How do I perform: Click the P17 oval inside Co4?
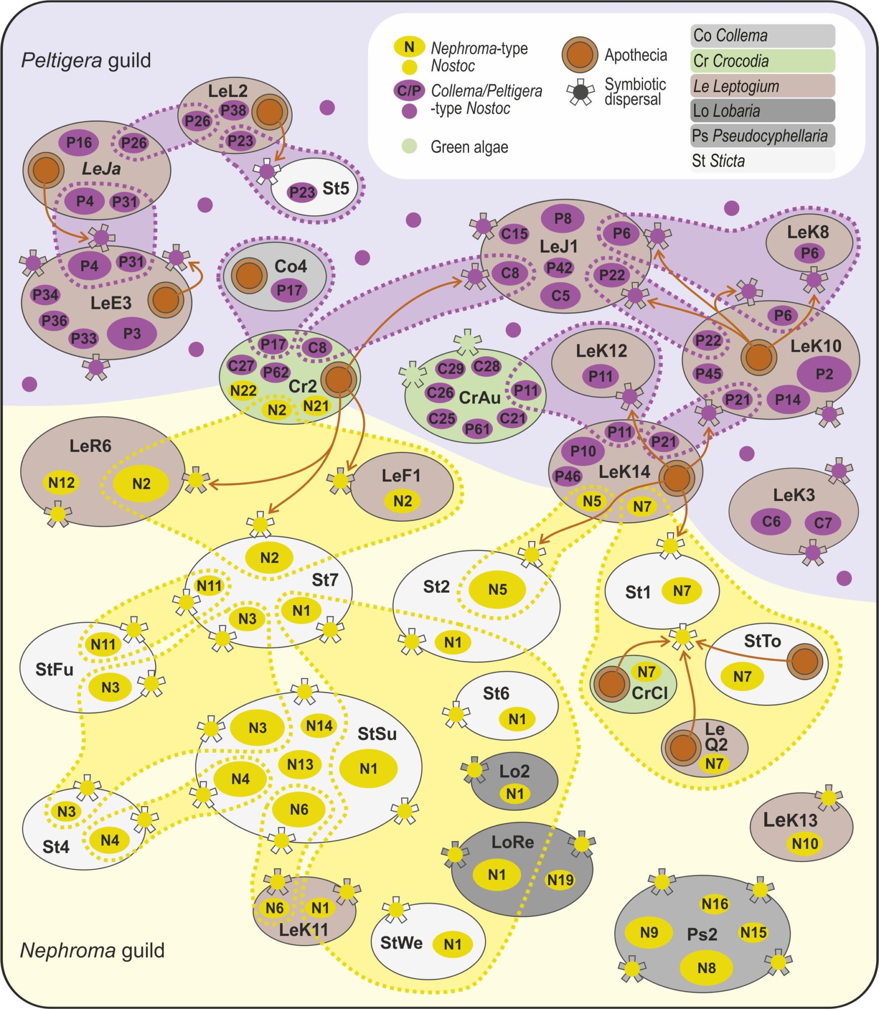coord(289,290)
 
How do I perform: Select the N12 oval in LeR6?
coord(62,482)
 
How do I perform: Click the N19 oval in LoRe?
coord(560,879)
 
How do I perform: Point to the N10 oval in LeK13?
coord(805,843)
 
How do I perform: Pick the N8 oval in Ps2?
coord(706,968)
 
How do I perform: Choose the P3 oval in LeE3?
coord(132,334)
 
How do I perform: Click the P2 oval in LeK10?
coord(824,374)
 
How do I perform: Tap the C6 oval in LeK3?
coord(771,521)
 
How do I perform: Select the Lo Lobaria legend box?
coord(762,111)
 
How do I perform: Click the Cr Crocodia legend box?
coord(762,61)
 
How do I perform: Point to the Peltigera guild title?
coord(86,60)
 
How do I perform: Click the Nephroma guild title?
coord(92,950)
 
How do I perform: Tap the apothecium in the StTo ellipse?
coord(804,661)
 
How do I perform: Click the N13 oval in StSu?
coord(300,764)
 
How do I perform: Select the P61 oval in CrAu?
coord(477,429)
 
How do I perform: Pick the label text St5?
coord(335,188)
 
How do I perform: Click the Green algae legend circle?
coord(409,146)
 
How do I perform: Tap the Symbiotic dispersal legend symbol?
coord(581,92)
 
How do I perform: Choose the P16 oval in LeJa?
coord(79,142)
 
